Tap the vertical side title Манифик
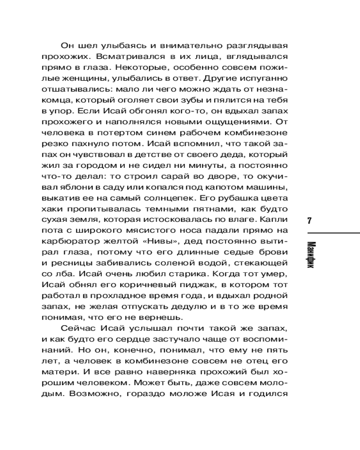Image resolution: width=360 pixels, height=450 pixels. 309,254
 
